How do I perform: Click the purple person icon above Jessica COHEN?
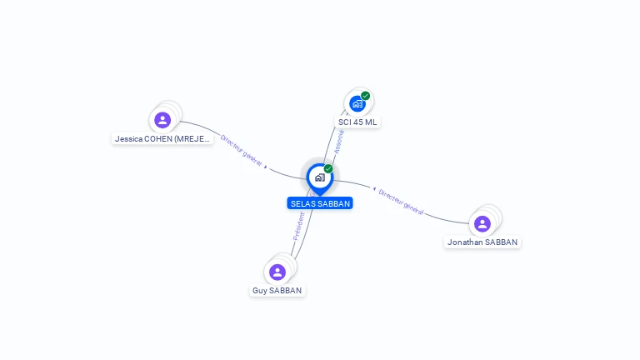pos(162,120)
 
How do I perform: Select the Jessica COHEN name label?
pos(162,139)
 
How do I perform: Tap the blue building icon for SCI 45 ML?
pos(357,104)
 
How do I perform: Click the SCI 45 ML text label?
pos(357,122)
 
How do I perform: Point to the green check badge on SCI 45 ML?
pos(366,96)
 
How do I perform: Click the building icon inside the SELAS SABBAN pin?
pos(319,177)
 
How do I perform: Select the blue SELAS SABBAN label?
pos(320,203)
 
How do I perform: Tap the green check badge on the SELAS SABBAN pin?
pos(328,169)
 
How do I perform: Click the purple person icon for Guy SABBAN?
pos(277,272)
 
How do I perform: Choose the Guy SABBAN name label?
pos(277,291)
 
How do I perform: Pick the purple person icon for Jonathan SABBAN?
pos(482,223)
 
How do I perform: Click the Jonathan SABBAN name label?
pos(482,242)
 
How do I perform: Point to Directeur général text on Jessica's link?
pos(241,149)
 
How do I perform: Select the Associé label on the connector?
pos(340,142)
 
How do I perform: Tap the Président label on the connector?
pos(299,227)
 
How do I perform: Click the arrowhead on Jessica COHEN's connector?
pos(266,167)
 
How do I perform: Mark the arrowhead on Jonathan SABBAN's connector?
pos(374,189)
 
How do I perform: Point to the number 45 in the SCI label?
pos(357,122)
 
